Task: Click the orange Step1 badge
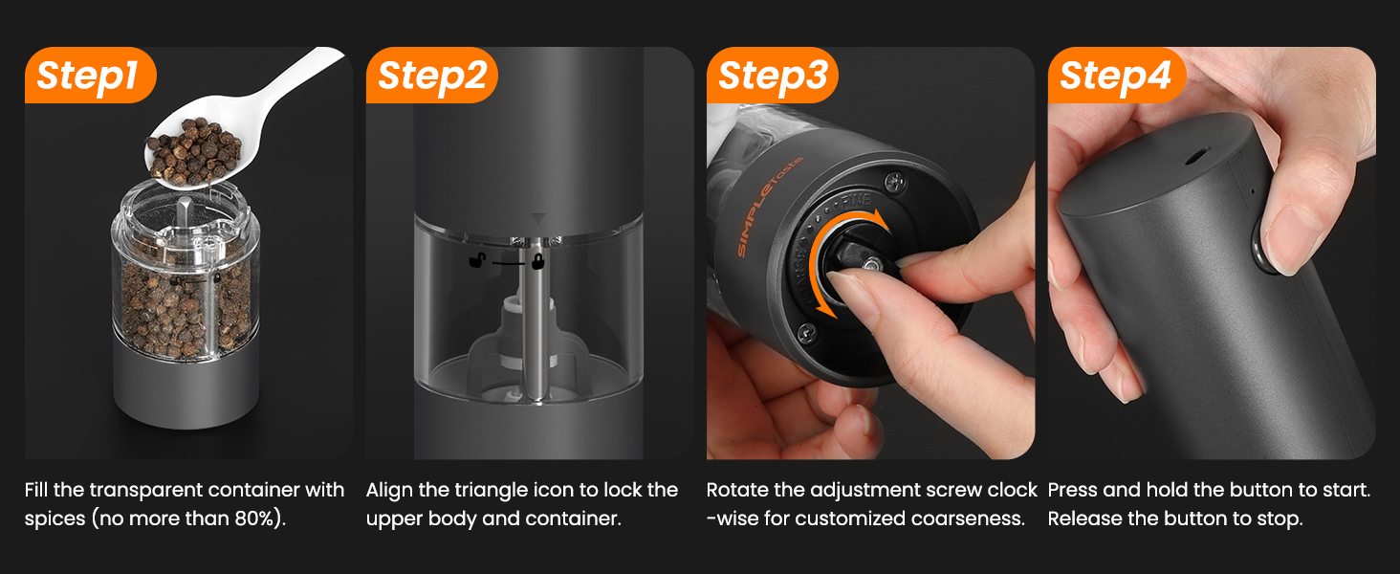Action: tap(90, 75)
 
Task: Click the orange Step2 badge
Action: tap(431, 75)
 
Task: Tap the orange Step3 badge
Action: tap(773, 75)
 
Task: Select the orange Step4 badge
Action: tap(1116, 75)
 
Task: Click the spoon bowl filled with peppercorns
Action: tap(194, 153)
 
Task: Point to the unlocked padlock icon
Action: tap(478, 259)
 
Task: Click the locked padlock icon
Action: tap(537, 261)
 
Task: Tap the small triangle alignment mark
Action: tap(538, 218)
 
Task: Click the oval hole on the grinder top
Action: tap(1197, 156)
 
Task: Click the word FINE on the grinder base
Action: tap(856, 201)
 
